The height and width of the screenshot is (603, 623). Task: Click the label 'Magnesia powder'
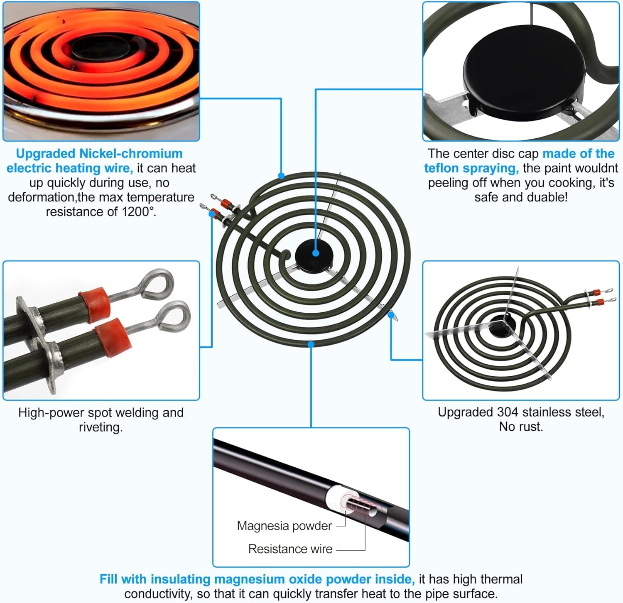coord(284,526)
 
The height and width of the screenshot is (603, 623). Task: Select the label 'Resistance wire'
coord(290,549)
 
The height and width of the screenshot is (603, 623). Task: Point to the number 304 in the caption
coord(508,412)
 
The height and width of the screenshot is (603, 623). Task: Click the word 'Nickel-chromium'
coord(131,154)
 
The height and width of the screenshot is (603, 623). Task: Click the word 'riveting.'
coord(101,427)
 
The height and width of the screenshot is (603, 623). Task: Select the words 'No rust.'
coord(521,427)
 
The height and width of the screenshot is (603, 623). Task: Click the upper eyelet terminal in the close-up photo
coord(156,283)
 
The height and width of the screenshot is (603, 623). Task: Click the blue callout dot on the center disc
coord(316,253)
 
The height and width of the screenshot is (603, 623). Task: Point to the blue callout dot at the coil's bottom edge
coord(311,344)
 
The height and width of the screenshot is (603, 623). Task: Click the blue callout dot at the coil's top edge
coord(281,176)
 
